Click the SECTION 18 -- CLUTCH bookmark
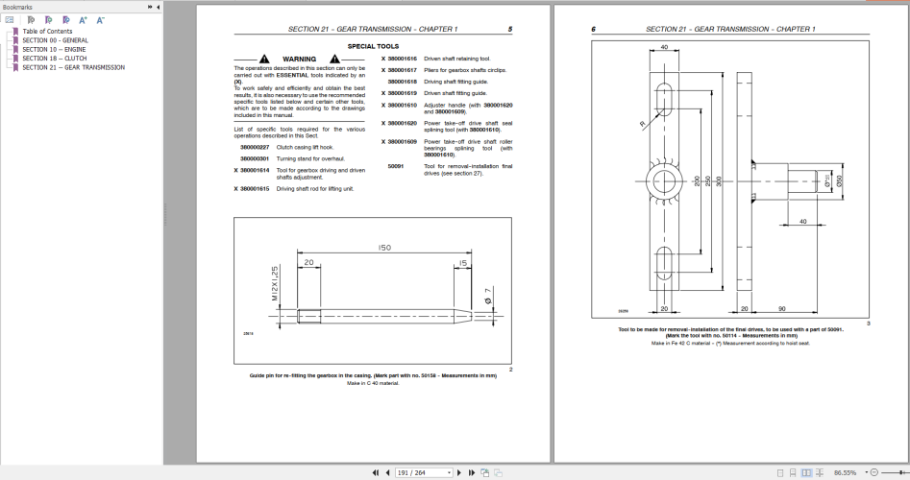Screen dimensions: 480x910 (54, 58)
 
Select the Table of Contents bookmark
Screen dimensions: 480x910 (47, 31)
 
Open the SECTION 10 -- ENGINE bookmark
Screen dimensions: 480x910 (55, 49)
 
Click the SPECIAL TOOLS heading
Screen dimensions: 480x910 (374, 45)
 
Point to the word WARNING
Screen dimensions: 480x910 (299, 59)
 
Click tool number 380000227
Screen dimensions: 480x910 (255, 147)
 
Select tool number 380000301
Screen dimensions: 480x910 (255, 157)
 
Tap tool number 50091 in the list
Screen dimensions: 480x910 (395, 165)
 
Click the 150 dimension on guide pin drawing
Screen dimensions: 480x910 (384, 247)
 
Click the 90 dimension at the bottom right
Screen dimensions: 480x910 (782, 308)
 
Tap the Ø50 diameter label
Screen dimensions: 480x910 (839, 181)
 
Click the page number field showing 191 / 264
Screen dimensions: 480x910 (424, 472)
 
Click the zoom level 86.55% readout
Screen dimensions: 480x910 (846, 472)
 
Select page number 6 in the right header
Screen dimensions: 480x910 (593, 30)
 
